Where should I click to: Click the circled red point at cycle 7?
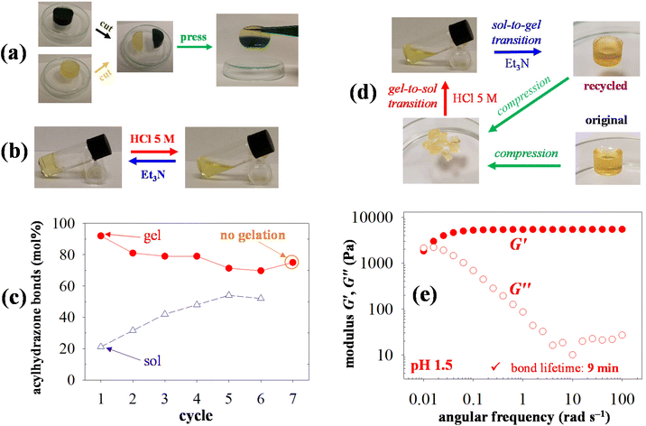(x=292, y=263)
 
